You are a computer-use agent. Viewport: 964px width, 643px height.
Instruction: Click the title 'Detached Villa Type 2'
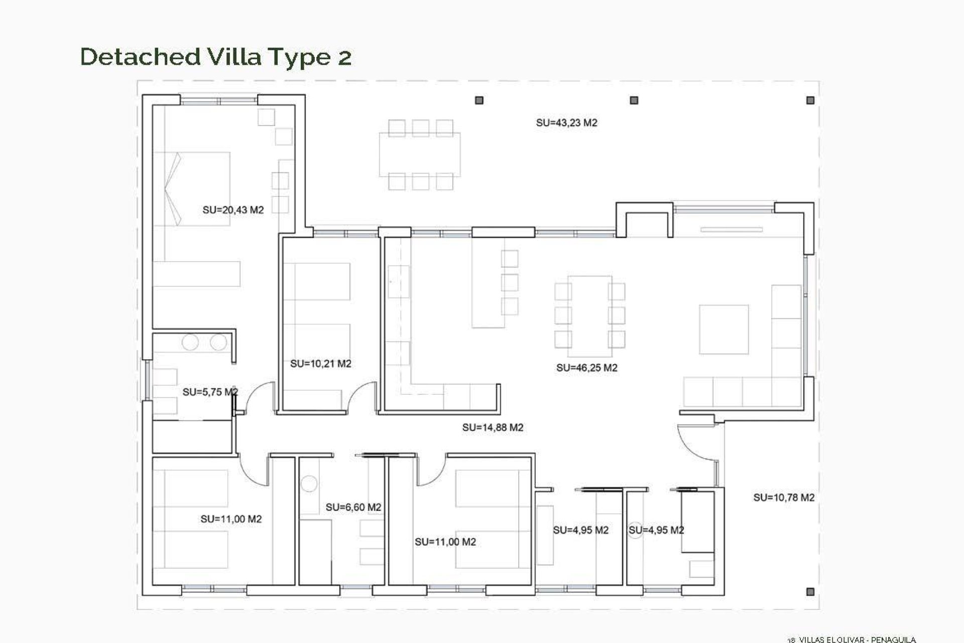pos(215,57)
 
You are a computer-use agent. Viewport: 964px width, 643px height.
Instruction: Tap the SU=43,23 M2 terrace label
pos(566,123)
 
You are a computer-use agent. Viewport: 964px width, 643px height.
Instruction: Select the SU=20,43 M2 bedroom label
pos(233,210)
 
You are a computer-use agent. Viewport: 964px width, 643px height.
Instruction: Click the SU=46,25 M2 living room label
pos(586,368)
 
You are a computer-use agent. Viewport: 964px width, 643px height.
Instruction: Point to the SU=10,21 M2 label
pos(320,364)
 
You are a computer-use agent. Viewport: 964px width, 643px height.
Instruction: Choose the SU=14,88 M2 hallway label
pos(493,427)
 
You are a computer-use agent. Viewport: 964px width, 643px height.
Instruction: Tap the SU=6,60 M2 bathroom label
pos(353,507)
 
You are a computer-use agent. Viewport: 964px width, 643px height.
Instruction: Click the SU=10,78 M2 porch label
pos(783,497)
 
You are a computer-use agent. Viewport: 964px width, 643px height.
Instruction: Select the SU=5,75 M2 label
pos(210,392)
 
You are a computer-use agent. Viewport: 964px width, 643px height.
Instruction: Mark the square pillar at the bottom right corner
pos(810,592)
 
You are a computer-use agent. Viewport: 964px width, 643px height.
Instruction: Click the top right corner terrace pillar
pos(810,100)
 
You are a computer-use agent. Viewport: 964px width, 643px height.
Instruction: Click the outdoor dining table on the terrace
pos(419,154)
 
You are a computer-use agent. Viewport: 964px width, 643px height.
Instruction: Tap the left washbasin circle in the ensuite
pos(190,343)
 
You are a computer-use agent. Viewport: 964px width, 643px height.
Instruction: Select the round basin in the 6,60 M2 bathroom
pos(309,484)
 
